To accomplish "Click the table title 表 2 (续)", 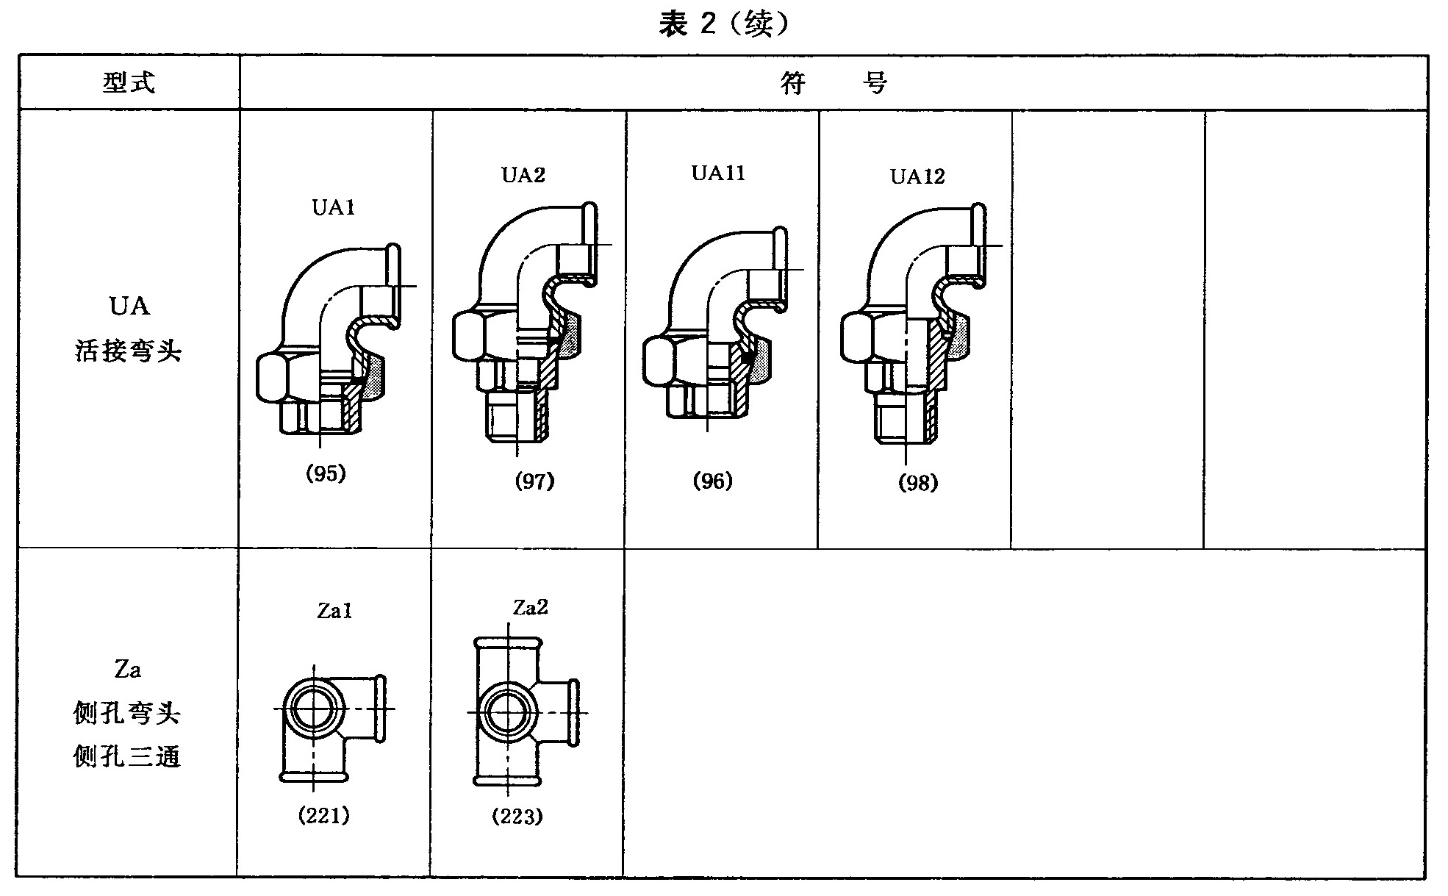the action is [x=723, y=25].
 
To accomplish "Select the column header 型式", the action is [x=129, y=82].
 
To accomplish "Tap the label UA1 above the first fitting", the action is [x=334, y=208].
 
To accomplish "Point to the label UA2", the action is [x=523, y=175].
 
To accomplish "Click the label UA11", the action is [x=718, y=173].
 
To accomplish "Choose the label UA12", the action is [x=917, y=176].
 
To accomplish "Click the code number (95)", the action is [x=326, y=473].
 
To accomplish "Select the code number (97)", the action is [x=534, y=481].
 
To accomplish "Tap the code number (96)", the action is [x=713, y=481].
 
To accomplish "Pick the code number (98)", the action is [x=918, y=483].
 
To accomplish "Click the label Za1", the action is [x=334, y=611].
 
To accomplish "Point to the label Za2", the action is [x=530, y=608].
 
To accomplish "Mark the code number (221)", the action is [x=323, y=815].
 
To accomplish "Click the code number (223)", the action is [x=517, y=817].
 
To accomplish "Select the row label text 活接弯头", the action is [x=128, y=351].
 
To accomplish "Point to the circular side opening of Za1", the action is [x=314, y=709].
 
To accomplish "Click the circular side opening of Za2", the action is [x=506, y=712].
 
